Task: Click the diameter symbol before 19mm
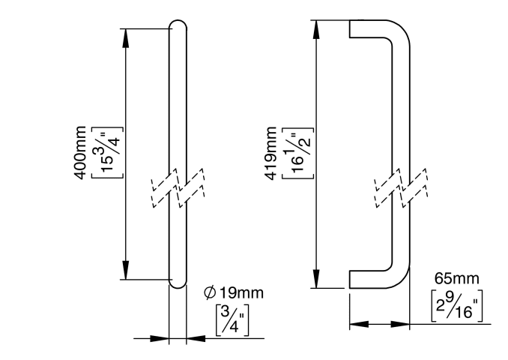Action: click(210, 292)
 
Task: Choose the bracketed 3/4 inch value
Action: click(233, 319)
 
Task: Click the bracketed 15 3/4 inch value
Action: click(103, 154)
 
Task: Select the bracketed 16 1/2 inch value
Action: click(296, 154)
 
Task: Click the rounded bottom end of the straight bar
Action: click(178, 283)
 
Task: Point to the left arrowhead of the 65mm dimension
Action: click(356, 325)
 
